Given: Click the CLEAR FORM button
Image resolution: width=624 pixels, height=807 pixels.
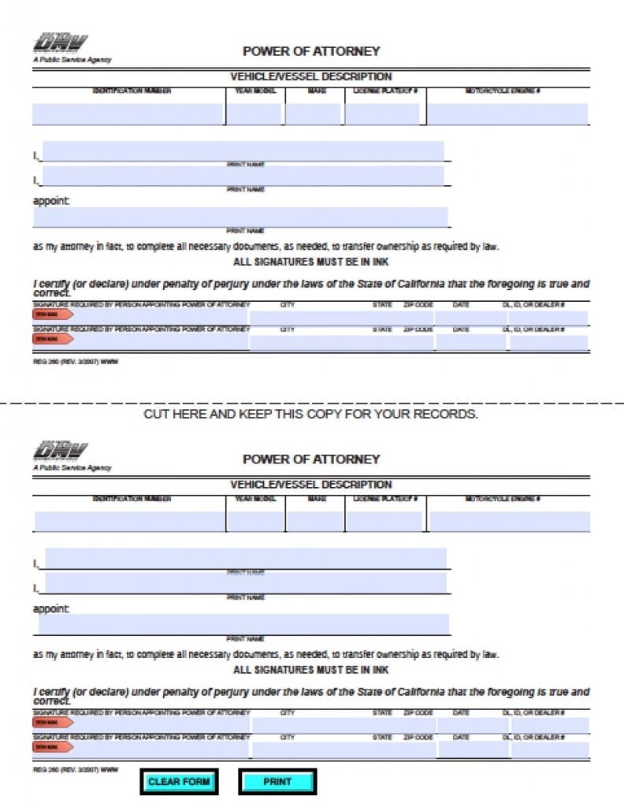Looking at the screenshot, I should [x=179, y=782].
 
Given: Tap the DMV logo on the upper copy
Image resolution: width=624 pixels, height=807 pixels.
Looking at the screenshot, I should [x=61, y=43].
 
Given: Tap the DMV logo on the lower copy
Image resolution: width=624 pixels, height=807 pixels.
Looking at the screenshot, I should [x=61, y=451].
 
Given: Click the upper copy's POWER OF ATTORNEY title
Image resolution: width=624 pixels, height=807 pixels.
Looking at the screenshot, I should [x=310, y=51].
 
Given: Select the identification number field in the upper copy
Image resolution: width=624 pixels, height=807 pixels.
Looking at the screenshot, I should [x=128, y=114].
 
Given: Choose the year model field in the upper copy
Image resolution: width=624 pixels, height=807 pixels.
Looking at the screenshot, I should [x=254, y=114].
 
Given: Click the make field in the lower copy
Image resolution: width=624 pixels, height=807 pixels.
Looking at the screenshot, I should [x=315, y=522].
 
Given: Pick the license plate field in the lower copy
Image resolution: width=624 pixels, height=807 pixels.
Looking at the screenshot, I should [x=384, y=522].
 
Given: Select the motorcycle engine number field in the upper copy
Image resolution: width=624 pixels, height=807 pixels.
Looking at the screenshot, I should [x=507, y=114].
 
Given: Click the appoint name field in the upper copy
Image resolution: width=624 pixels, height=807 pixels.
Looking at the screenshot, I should [x=240, y=217].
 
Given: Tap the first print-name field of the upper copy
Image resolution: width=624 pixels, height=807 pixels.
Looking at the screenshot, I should [x=243, y=151].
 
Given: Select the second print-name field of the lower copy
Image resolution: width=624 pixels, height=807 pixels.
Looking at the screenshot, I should [x=245, y=583].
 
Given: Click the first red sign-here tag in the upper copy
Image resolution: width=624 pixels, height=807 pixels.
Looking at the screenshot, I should [x=52, y=314].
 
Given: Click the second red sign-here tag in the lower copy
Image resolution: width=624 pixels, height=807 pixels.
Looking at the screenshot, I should [x=52, y=746].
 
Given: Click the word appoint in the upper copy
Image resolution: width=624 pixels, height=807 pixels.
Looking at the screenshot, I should [x=50, y=201].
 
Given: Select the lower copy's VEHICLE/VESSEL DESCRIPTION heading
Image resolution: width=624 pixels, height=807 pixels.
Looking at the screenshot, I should [x=310, y=485].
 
